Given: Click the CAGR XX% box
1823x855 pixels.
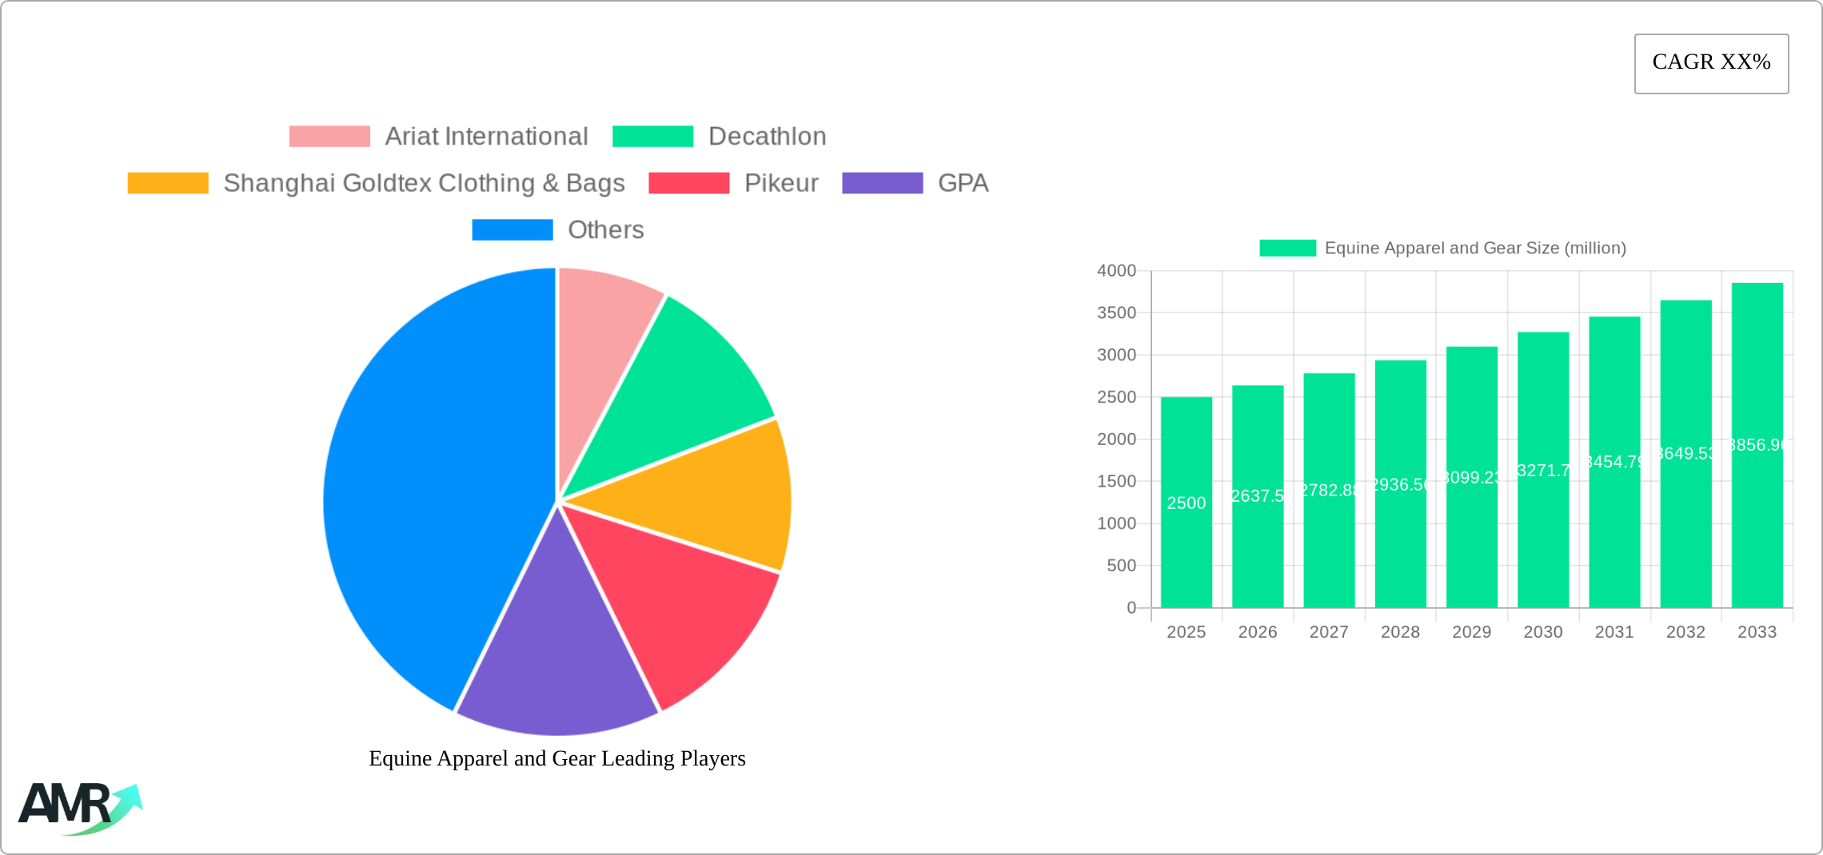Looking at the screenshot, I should coord(1711,63).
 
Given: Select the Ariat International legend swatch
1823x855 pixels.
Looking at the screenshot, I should coord(329,137).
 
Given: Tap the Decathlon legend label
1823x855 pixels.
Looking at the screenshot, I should coord(767,137).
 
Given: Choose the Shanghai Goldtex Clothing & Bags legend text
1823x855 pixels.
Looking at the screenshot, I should coord(424,183).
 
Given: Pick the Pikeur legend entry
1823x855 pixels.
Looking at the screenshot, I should coord(780,183).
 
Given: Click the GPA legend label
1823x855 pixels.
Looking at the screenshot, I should coord(963,183).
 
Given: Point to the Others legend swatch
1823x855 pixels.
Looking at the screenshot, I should coord(513,230).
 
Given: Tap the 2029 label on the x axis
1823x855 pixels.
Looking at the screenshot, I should coord(1471,632).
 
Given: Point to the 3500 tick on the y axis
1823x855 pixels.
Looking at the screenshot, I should coord(1116,313).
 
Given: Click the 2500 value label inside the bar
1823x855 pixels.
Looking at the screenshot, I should coord(1186,503).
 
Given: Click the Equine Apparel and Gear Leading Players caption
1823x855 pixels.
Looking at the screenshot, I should coord(557,758).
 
